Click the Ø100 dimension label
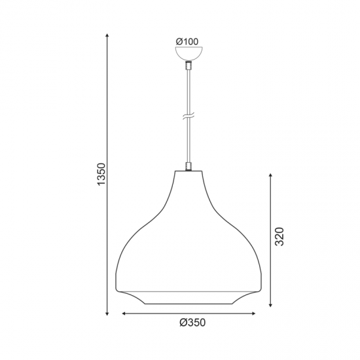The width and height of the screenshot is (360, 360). (x=187, y=42)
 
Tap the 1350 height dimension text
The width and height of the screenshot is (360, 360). (x=101, y=174)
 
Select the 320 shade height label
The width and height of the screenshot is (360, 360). (x=279, y=236)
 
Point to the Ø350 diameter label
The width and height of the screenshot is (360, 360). (x=192, y=323)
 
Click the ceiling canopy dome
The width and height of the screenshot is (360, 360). (x=189, y=53)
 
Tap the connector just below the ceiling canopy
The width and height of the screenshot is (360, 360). (x=189, y=65)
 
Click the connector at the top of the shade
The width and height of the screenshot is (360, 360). (x=189, y=166)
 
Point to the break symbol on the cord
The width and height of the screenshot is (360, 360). (x=189, y=116)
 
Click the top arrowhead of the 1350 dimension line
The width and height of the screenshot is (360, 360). (x=107, y=35)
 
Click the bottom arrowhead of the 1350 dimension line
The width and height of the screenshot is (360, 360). (x=107, y=314)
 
